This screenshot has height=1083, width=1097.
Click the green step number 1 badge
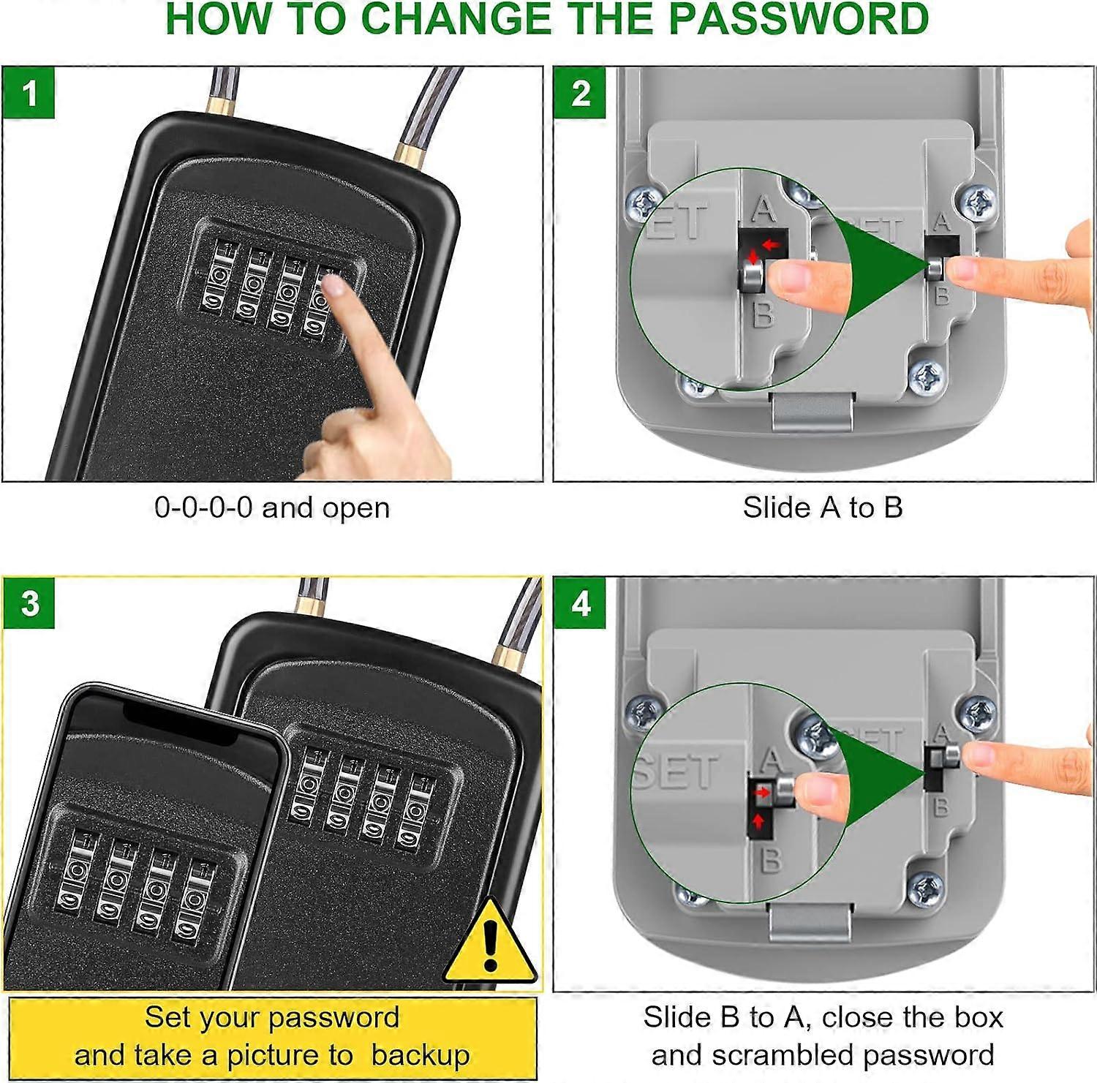pyautogui.click(x=29, y=93)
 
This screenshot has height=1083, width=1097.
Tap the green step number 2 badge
pyautogui.click(x=581, y=93)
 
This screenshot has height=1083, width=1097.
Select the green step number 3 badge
pyautogui.click(x=29, y=603)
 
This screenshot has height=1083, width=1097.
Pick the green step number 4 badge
pyautogui.click(x=581, y=603)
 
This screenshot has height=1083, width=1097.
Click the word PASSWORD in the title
pyautogui.click(x=799, y=19)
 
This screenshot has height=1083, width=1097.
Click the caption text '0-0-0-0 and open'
pyautogui.click(x=272, y=507)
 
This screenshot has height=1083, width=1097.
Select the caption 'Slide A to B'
pyautogui.click(x=823, y=507)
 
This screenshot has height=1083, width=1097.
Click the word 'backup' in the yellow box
pyautogui.click(x=420, y=1056)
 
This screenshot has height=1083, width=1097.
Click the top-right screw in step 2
pyautogui.click(x=978, y=203)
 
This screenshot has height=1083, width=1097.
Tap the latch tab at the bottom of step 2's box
pyautogui.click(x=813, y=411)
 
